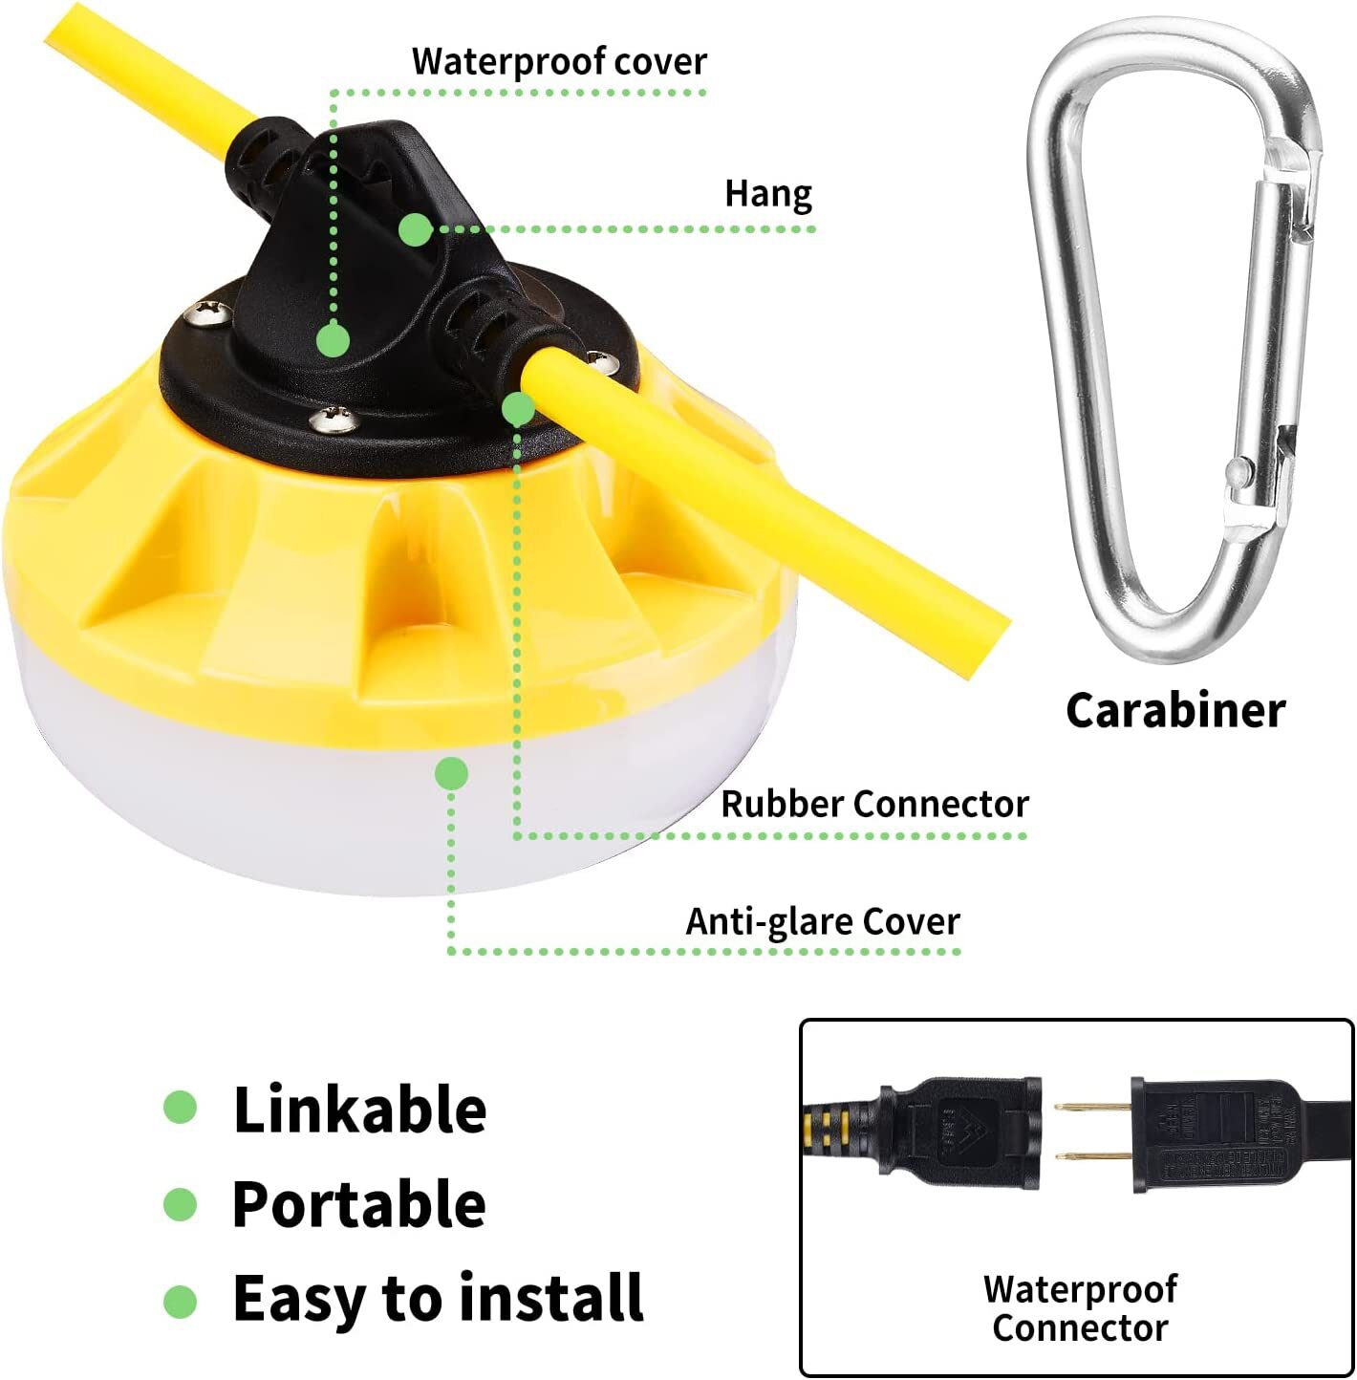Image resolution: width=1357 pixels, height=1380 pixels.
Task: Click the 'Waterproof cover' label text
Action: (x=559, y=62)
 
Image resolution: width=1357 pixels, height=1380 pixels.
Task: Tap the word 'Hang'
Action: (x=768, y=194)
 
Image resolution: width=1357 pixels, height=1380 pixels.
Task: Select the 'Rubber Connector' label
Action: (x=874, y=804)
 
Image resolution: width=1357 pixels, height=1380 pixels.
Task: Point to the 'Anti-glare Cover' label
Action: (x=823, y=922)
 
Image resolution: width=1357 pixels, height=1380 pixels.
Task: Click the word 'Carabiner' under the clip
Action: (x=1175, y=711)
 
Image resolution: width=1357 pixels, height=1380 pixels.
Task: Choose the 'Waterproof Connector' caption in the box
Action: (x=1080, y=1308)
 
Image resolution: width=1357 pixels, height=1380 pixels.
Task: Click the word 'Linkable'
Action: (x=359, y=1110)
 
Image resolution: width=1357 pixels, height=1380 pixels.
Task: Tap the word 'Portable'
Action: (x=359, y=1204)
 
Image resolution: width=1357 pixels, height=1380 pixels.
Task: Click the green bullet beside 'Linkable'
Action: (x=180, y=1108)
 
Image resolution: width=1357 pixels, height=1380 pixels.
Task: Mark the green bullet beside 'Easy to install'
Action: (x=180, y=1301)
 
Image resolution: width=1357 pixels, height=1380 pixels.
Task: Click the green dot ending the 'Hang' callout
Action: (x=415, y=229)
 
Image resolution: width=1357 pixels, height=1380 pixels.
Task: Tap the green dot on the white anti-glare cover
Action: (x=451, y=773)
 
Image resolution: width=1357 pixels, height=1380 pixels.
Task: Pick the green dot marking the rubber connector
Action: (x=519, y=409)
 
